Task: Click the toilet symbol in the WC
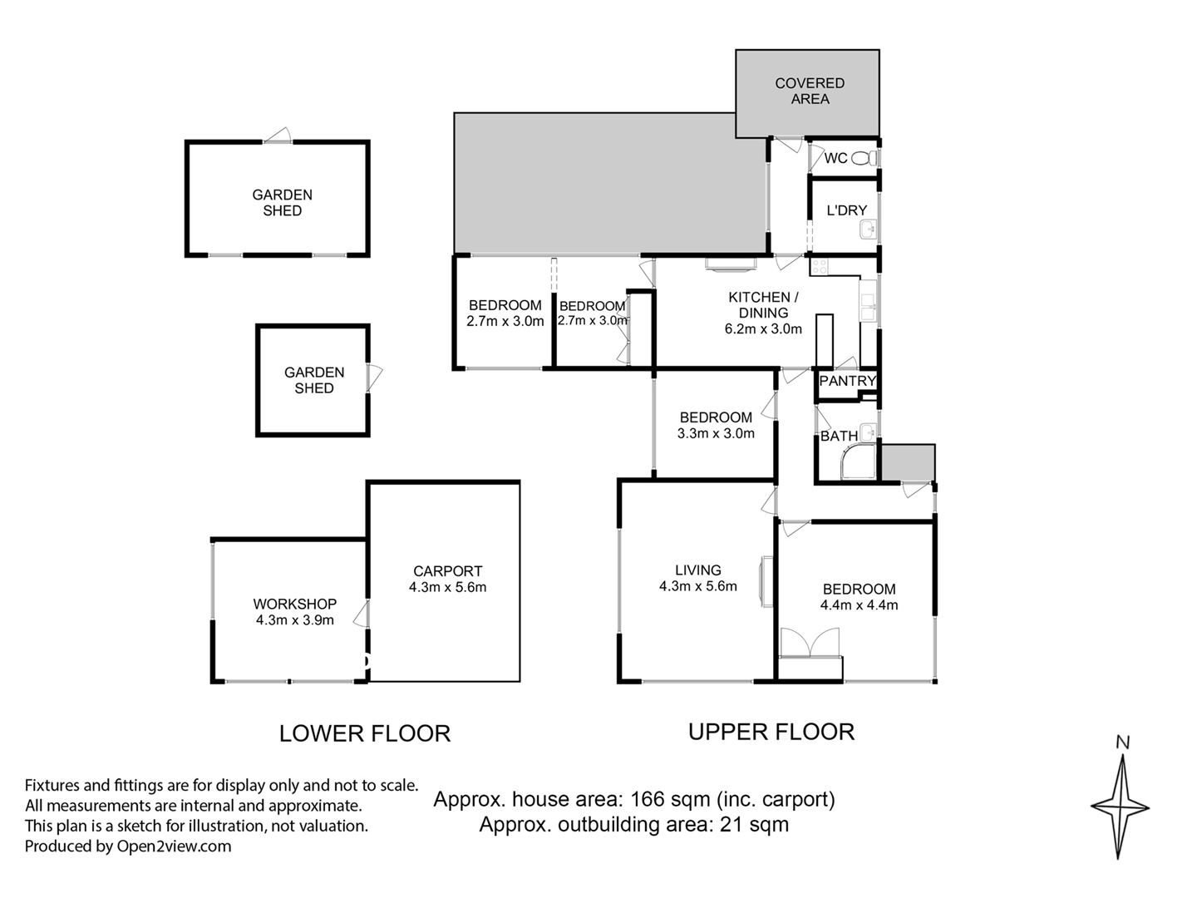click(864, 158)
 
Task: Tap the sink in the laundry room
click(868, 230)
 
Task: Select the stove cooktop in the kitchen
click(819, 267)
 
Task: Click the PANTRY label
click(847, 381)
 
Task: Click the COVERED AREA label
click(810, 91)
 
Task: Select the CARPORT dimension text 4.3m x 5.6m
click(448, 587)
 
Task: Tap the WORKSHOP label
click(294, 604)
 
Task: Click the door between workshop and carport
click(362, 614)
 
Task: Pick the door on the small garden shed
click(374, 377)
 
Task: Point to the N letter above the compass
click(1122, 743)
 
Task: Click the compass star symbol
click(1120, 807)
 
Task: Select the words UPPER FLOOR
click(771, 732)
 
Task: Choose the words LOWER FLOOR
click(365, 734)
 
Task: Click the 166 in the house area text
click(648, 799)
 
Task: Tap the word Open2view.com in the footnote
click(174, 846)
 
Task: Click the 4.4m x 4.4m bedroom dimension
click(859, 604)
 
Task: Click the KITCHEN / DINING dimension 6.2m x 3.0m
click(763, 328)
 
